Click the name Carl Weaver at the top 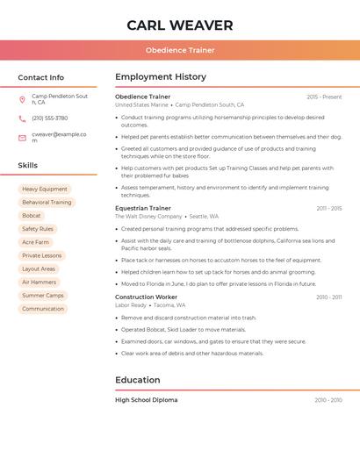coord(180,25)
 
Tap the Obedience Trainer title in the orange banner coord(180,50)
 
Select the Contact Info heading coord(41,77)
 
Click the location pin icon coord(23,99)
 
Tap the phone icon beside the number coord(23,118)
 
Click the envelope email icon coord(23,137)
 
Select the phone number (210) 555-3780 coord(50,118)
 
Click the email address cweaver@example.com coord(59,137)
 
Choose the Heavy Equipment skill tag coord(45,190)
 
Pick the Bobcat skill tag coord(32,216)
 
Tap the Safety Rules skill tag coord(38,229)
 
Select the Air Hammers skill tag coord(40,283)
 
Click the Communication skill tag coord(43,309)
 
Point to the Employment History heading coord(161,77)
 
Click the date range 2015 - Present coord(324,97)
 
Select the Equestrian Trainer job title coord(143,209)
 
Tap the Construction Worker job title coord(146,297)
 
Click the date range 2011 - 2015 coord(328,209)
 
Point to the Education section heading coord(138,381)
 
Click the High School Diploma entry coord(147,400)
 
